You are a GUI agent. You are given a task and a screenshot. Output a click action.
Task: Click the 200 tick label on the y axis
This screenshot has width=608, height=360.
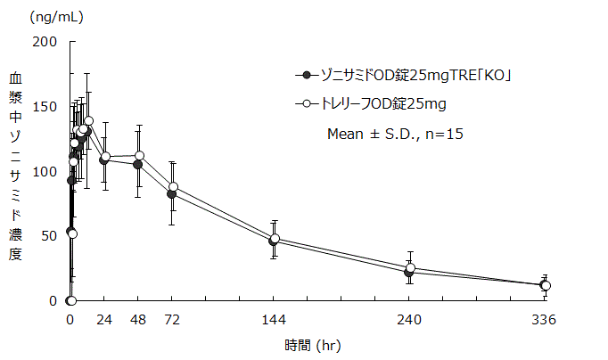click(x=45, y=42)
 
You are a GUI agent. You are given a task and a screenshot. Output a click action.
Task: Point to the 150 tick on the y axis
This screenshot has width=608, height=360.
click(x=45, y=107)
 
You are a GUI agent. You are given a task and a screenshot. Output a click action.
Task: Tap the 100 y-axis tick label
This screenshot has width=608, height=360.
click(x=45, y=171)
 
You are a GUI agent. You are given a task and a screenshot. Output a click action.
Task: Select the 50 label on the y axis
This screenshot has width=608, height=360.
click(x=48, y=236)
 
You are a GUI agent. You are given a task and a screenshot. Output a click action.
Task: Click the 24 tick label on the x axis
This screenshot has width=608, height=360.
click(x=104, y=321)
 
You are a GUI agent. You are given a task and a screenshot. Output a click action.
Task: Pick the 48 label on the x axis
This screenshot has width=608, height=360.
click(x=138, y=321)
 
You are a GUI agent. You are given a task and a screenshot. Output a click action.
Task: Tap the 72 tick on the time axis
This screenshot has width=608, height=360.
click(x=172, y=321)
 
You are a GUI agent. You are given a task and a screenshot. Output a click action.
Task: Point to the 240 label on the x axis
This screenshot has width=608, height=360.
click(x=409, y=321)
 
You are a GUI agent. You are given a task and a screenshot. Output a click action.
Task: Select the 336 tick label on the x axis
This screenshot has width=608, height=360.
click(x=545, y=321)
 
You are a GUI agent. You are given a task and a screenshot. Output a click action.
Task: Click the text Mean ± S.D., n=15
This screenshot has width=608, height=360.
click(x=394, y=134)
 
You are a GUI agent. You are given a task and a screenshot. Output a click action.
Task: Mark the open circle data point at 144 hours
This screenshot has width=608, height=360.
click(x=275, y=239)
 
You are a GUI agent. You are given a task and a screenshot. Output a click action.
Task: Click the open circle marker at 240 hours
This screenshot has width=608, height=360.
click(x=410, y=268)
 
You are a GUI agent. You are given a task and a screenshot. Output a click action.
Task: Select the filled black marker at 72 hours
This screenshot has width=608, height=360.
click(x=172, y=194)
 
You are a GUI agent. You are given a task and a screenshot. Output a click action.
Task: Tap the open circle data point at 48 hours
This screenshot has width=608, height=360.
click(x=139, y=156)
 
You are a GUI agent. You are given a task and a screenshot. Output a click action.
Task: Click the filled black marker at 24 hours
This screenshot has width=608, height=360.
click(x=104, y=160)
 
